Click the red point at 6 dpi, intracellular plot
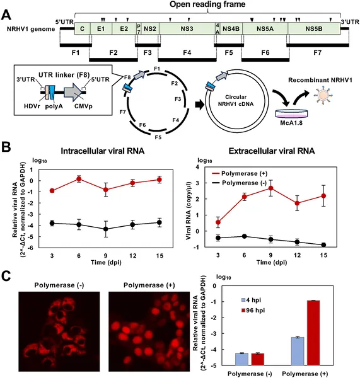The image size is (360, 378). pyautogui.click(x=79, y=179)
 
